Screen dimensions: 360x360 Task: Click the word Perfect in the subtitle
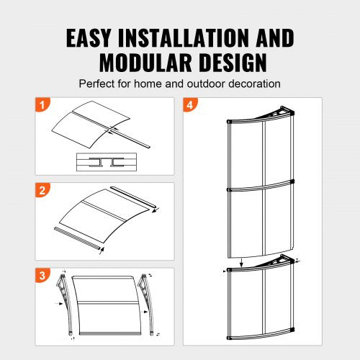96,84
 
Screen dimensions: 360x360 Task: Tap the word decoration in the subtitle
256,84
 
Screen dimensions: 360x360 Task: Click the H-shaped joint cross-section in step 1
104,163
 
